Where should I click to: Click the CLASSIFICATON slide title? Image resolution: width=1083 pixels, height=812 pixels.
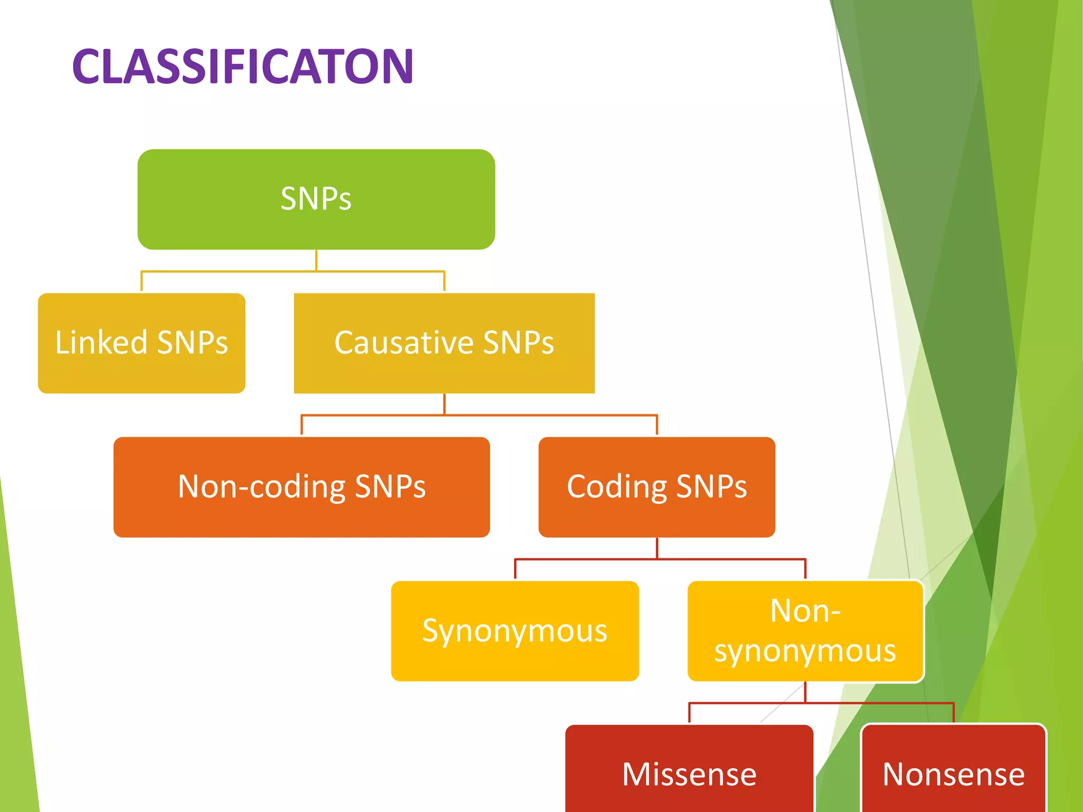tap(242, 67)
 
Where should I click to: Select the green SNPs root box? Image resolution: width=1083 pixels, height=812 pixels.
tap(316, 199)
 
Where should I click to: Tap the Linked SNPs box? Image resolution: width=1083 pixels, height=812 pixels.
tap(141, 343)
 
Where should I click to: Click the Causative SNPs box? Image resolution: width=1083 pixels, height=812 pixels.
tap(444, 343)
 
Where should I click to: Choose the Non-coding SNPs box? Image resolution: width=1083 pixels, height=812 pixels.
tap(301, 487)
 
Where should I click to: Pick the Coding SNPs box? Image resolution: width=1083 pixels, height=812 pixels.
tap(657, 487)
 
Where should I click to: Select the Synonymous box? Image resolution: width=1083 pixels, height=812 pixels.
tap(515, 631)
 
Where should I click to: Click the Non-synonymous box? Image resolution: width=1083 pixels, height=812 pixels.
tap(805, 631)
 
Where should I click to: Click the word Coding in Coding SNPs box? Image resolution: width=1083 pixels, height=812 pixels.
tap(617, 487)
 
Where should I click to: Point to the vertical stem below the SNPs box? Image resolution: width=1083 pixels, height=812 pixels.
tap(316, 260)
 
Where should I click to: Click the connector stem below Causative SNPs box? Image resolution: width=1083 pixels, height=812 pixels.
tap(444, 404)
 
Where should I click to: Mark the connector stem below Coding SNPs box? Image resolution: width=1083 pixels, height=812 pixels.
tap(657, 548)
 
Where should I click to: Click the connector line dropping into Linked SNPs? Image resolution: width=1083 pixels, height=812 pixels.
tap(141, 282)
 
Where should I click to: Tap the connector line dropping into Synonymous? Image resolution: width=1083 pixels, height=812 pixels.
tap(515, 569)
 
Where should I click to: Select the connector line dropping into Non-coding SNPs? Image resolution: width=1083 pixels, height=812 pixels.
tap(301, 426)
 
